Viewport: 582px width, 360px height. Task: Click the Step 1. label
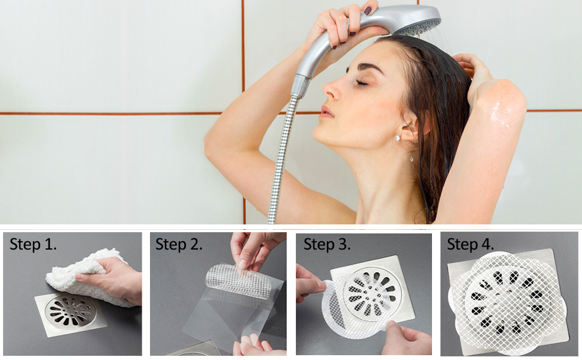tap(33, 245)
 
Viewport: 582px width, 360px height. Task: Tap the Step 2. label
tap(179, 245)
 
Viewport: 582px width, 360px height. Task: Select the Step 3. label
tap(327, 245)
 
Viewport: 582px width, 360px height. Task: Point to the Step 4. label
tap(471, 244)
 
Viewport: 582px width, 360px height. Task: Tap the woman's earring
tap(398, 138)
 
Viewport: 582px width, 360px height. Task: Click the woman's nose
tap(332, 90)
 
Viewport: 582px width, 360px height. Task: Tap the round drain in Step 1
tap(71, 310)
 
